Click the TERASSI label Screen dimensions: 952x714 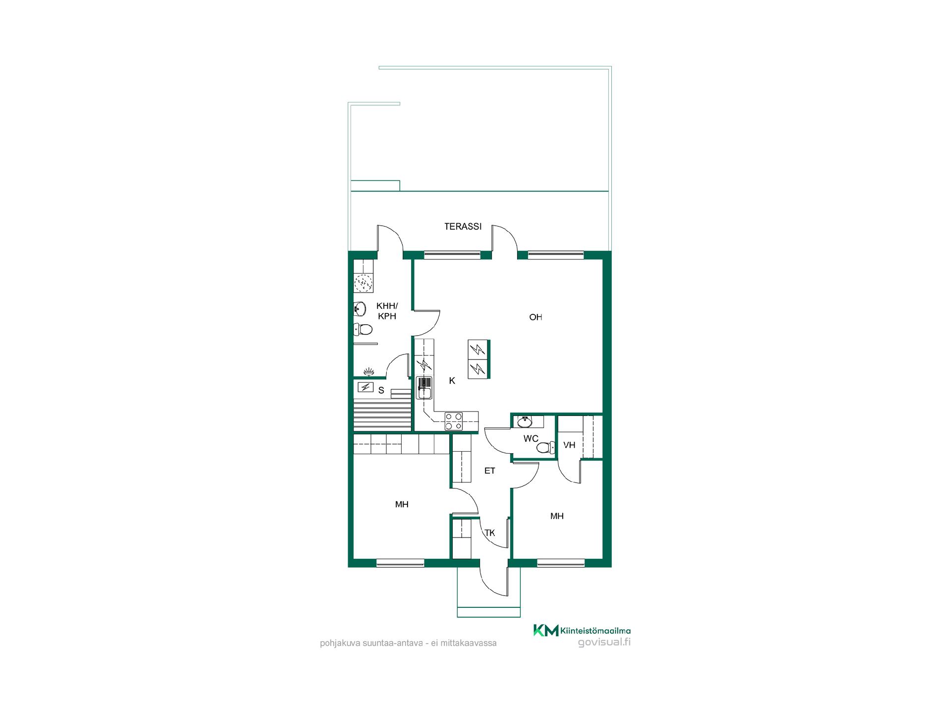pyautogui.click(x=463, y=227)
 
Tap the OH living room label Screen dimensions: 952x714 pyautogui.click(x=535, y=317)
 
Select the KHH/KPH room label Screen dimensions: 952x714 pyautogui.click(x=387, y=311)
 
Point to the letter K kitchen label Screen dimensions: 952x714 pyautogui.click(x=452, y=381)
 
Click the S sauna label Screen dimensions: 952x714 pyautogui.click(x=381, y=390)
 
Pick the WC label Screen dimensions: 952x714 pyautogui.click(x=531, y=439)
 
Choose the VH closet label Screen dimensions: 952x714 pyautogui.click(x=569, y=445)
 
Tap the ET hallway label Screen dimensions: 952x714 pyautogui.click(x=489, y=471)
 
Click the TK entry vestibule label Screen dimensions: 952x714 pyautogui.click(x=489, y=533)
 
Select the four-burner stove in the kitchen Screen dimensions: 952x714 pyautogui.click(x=454, y=421)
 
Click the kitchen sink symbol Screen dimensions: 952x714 pyautogui.click(x=424, y=388)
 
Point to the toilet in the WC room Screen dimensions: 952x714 pyautogui.click(x=545, y=448)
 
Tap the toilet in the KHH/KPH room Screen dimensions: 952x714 pyautogui.click(x=363, y=329)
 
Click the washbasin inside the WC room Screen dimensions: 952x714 pyautogui.click(x=525, y=422)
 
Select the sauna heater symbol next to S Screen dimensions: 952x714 pyautogui.click(x=366, y=387)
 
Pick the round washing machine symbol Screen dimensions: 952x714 pyautogui.click(x=363, y=283)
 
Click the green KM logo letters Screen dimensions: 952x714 pyautogui.click(x=545, y=630)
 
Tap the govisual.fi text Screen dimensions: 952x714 pyautogui.click(x=604, y=642)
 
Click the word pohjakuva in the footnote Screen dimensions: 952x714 pyautogui.click(x=338, y=643)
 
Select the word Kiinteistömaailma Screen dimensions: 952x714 pyautogui.click(x=595, y=631)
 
